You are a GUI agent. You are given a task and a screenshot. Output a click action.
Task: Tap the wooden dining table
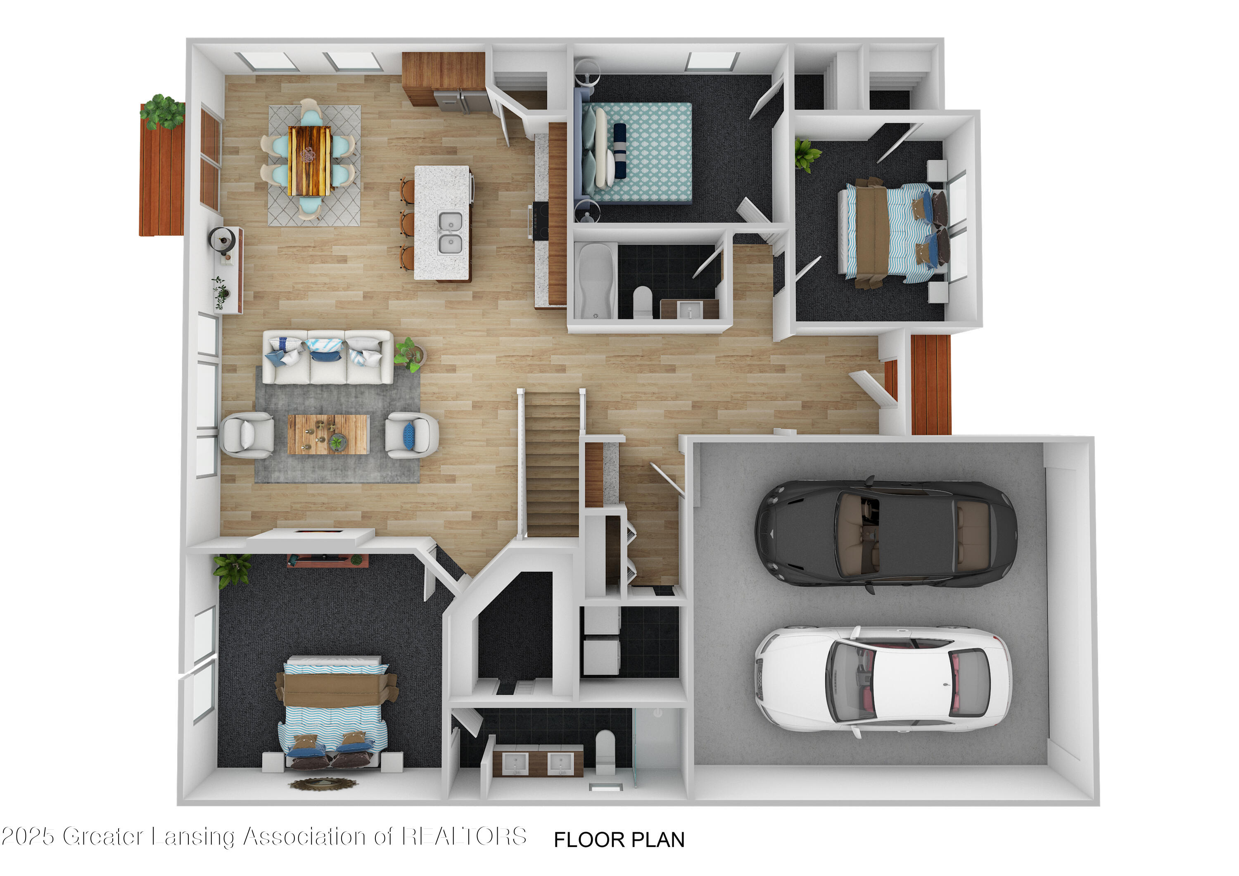coord(309,160)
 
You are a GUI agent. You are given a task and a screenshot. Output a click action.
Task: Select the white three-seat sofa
coord(328,357)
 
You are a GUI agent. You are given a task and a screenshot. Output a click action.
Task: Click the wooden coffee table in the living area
coord(328,434)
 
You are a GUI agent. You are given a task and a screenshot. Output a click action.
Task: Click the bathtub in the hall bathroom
coord(595,281)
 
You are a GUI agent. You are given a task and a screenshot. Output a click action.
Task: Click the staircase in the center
coord(552,464)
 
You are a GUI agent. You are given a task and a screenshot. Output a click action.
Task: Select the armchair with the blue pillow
coord(411,434)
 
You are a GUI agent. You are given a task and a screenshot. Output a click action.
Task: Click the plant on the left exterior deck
coord(162,111)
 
